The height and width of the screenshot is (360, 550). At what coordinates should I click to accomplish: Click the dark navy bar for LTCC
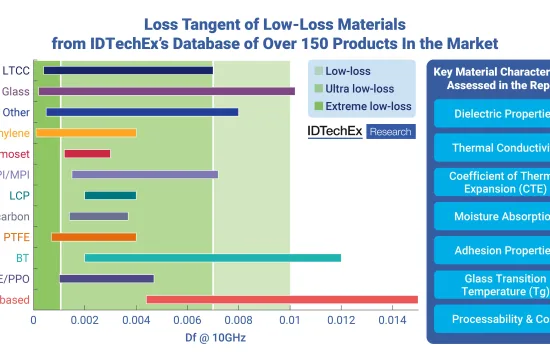point(128,70)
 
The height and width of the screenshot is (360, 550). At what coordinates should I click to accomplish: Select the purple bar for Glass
point(166,91)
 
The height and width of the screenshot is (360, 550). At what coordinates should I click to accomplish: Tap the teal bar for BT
point(212,257)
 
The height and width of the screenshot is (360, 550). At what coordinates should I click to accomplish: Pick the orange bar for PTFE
point(93,237)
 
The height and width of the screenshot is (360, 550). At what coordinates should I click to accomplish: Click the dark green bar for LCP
point(110,195)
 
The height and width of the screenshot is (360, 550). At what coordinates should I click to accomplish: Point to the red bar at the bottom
point(281,299)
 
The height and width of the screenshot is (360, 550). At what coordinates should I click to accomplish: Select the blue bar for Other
point(142,112)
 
